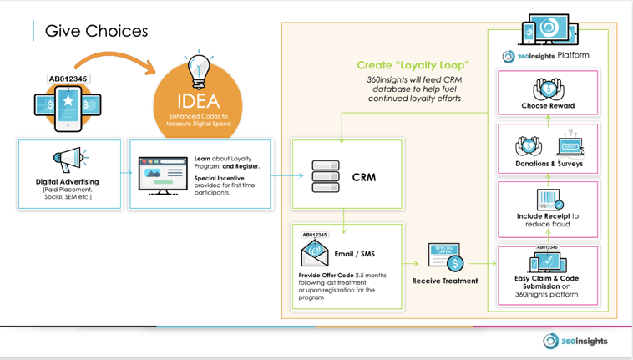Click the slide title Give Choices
pos(96,32)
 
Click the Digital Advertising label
pos(67,181)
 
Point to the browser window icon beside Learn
pos(163,175)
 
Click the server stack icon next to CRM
pos(325,176)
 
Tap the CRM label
pos(364,177)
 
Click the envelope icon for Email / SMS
pos(315,252)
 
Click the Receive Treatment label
pos(445,281)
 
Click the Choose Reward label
pos(548,106)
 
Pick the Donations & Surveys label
pos(548,164)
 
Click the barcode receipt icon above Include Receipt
pos(548,200)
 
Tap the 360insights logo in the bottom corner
pos(575,341)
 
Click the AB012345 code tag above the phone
pos(68,79)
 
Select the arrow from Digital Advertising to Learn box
pos(125,174)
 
